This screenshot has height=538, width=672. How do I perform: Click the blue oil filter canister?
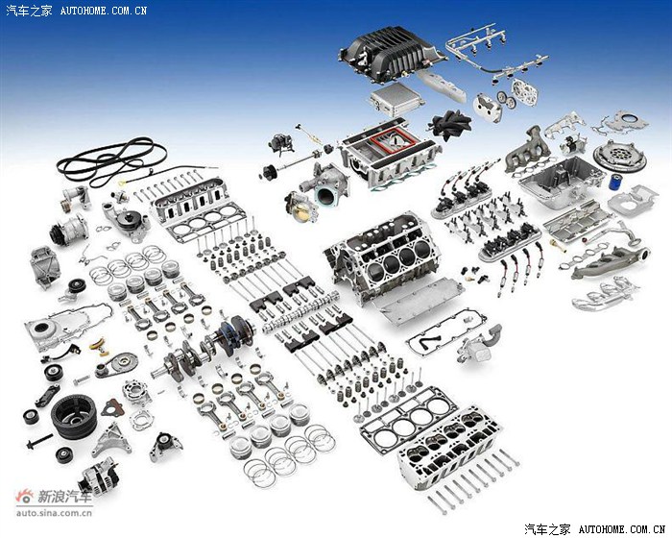614,182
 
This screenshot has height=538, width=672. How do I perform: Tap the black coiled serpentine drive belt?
112,161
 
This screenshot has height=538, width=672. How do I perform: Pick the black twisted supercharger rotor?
449,124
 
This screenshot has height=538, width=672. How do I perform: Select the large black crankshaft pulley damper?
74,417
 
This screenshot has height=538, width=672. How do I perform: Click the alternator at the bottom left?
100,477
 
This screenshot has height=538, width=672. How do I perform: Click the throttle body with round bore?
301,206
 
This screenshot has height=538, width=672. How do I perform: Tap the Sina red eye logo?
25,497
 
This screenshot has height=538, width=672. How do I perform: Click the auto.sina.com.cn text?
54,512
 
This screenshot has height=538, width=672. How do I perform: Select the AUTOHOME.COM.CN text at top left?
104,11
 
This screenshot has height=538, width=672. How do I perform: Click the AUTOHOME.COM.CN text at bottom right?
621,529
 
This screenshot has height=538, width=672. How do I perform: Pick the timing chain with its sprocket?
116,365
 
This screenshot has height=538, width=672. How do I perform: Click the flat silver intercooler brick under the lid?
396,99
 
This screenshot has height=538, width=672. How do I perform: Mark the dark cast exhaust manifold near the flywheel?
527,150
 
